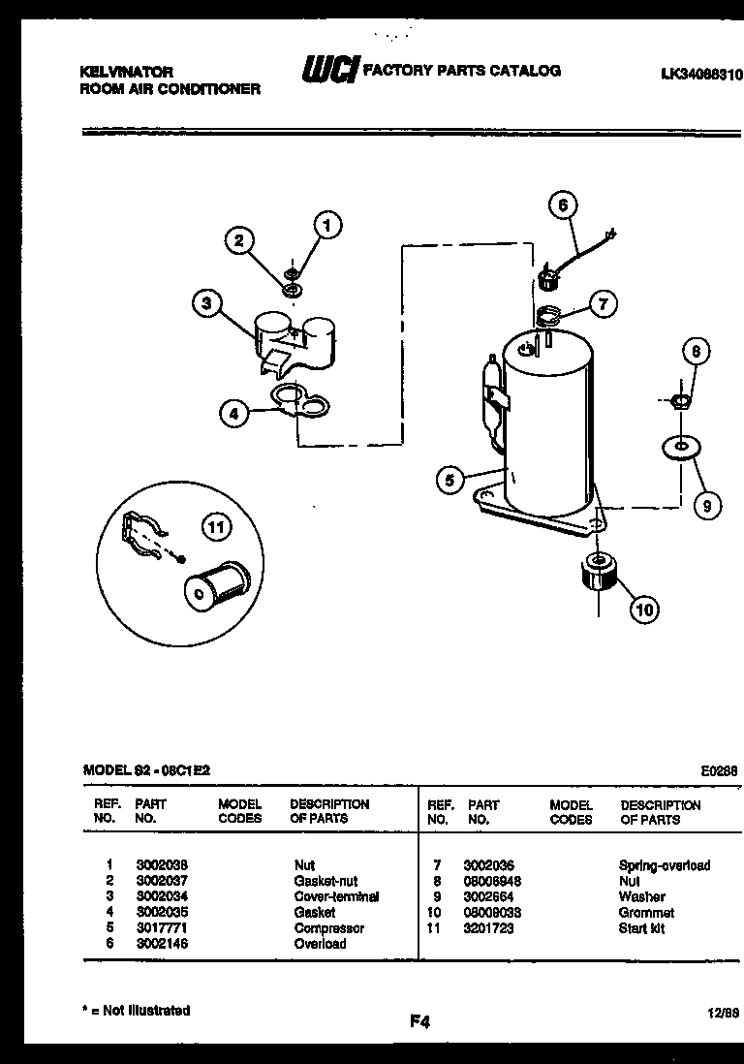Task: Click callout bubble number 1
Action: click(x=327, y=226)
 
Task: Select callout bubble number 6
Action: click(x=562, y=205)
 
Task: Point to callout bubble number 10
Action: click(x=644, y=609)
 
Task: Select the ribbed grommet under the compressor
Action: click(x=598, y=573)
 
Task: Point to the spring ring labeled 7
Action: click(x=547, y=315)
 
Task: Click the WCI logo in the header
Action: click(x=330, y=70)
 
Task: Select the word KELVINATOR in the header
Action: click(x=125, y=72)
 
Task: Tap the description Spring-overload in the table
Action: click(x=664, y=865)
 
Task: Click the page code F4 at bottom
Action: click(x=418, y=1020)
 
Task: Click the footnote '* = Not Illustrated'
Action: click(x=136, y=1010)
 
